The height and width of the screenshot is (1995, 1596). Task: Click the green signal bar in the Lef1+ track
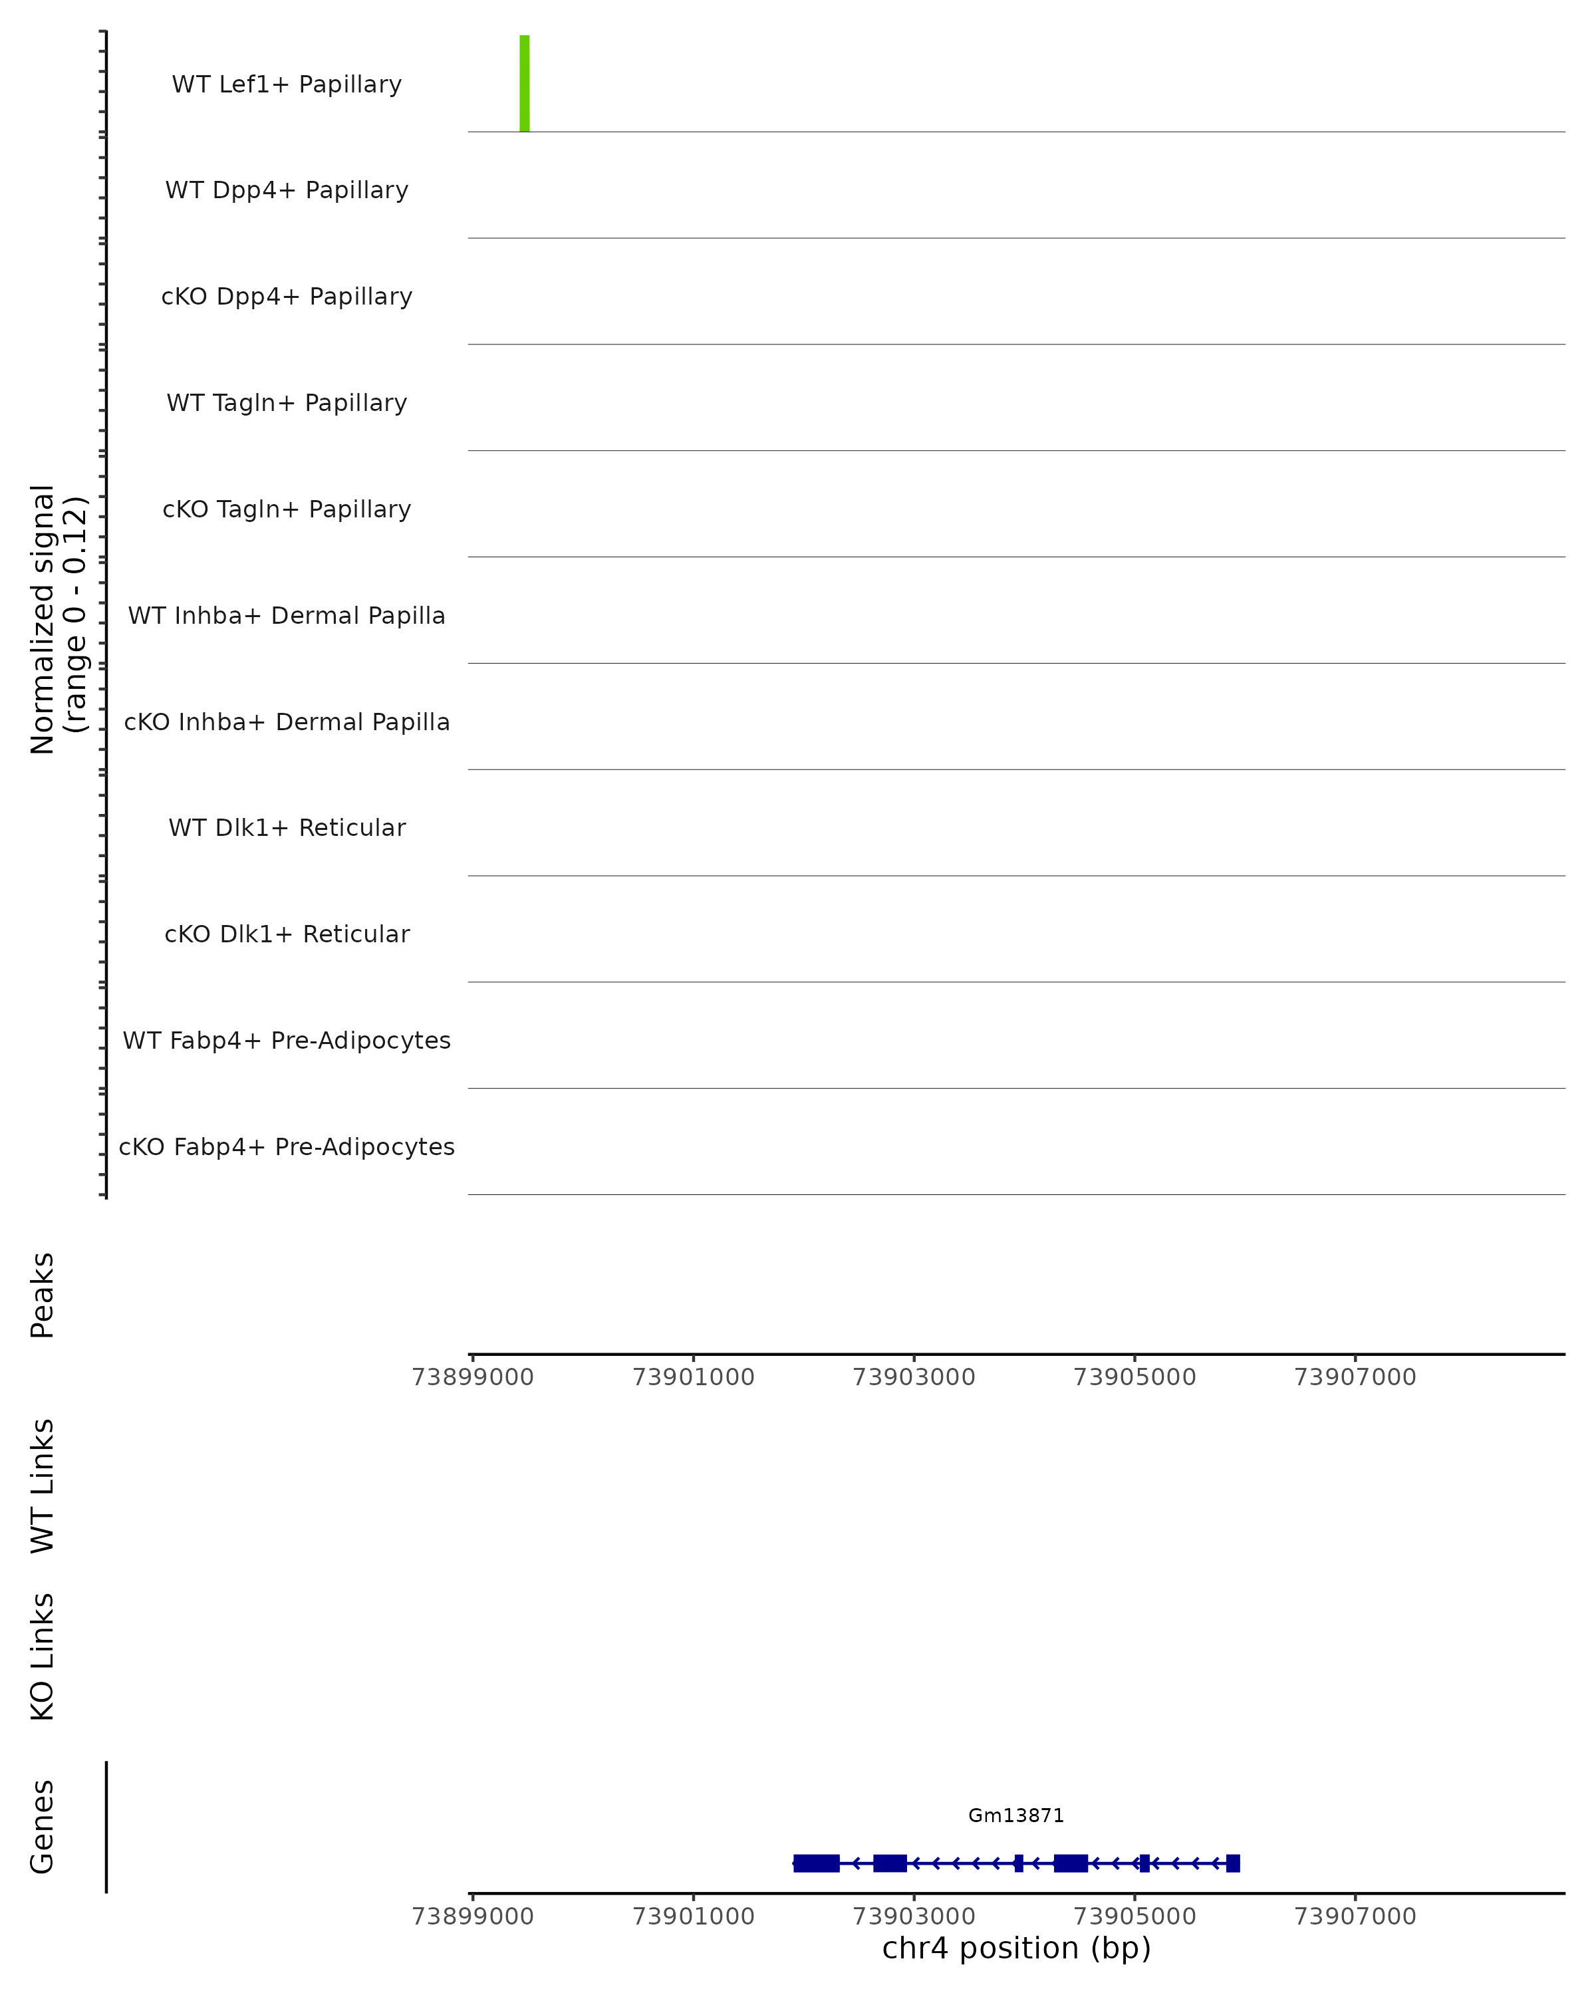[525, 83]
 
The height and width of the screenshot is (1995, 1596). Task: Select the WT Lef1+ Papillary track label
[287, 84]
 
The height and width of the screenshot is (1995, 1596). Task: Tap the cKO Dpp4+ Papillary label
[287, 297]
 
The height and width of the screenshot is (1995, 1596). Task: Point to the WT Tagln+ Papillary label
[287, 404]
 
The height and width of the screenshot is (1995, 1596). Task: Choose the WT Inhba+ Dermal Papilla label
[287, 616]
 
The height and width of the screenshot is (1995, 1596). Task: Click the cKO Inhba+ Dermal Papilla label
[287, 723]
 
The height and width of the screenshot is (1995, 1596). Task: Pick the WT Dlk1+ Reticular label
[287, 828]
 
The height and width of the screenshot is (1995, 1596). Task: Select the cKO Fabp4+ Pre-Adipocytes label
[287, 1147]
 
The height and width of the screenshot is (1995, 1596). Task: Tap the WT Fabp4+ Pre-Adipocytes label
[287, 1041]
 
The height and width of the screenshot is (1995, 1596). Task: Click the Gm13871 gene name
[1016, 1816]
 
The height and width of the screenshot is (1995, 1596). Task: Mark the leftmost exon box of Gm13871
[816, 1863]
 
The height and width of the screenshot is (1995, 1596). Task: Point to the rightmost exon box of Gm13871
[1232, 1863]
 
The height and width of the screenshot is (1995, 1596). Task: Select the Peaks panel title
[43, 1295]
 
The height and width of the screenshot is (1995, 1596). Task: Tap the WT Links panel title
[43, 1485]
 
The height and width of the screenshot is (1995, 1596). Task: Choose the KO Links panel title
[43, 1657]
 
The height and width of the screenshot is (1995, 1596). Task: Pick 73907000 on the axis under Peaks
[1355, 1377]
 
